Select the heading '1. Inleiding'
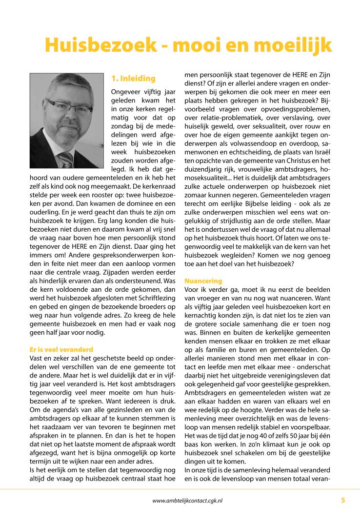coord(133,79)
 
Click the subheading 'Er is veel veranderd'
coord(61,349)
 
